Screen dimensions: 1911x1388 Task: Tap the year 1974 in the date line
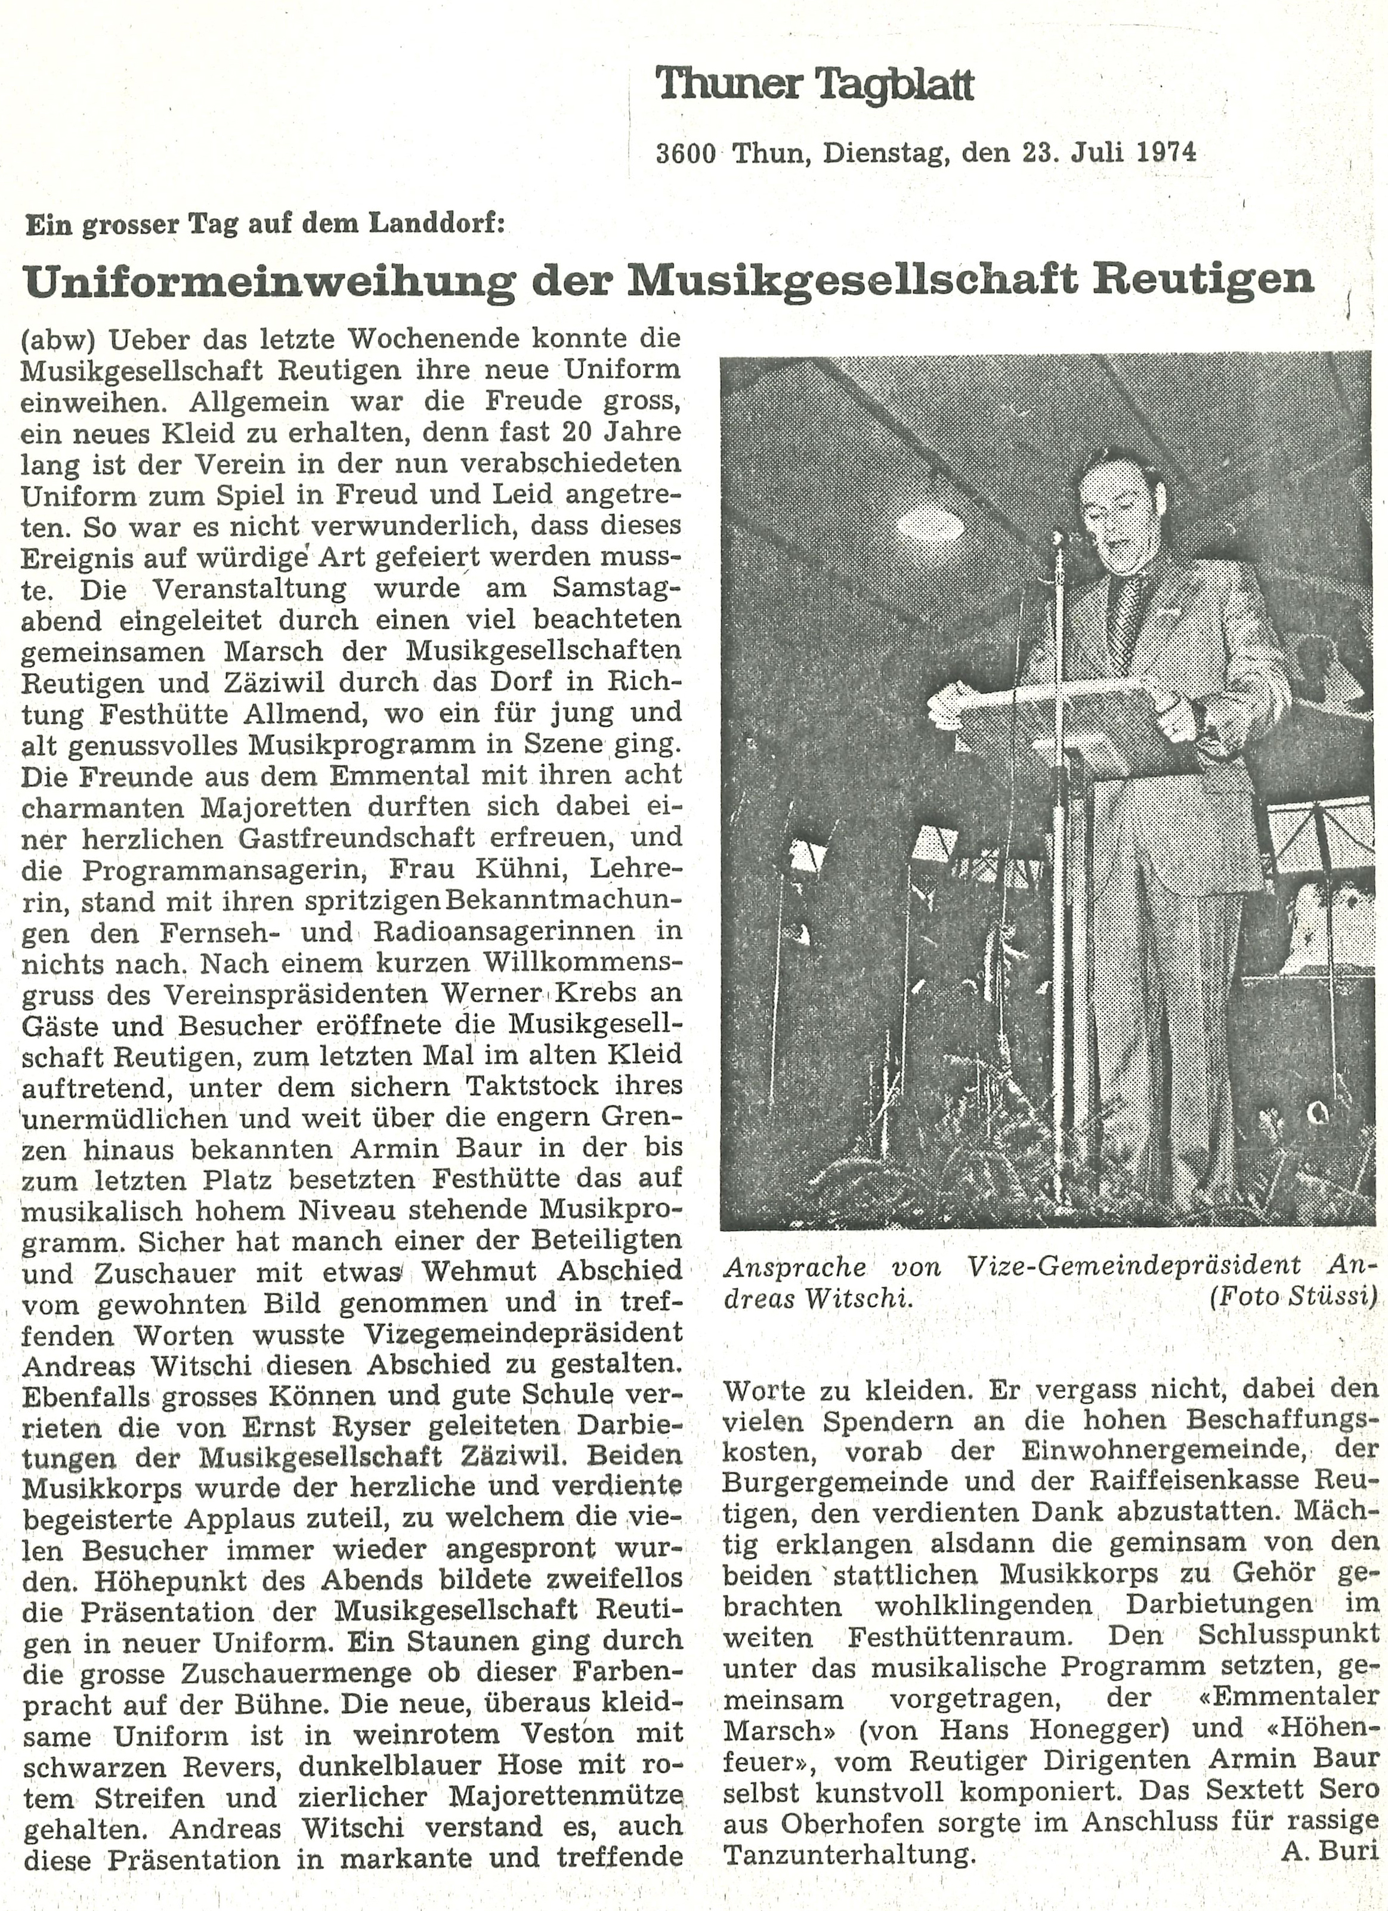tap(1166, 153)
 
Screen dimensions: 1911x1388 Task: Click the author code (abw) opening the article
tap(57, 341)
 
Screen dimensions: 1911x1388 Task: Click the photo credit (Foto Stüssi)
tap(1294, 1297)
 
